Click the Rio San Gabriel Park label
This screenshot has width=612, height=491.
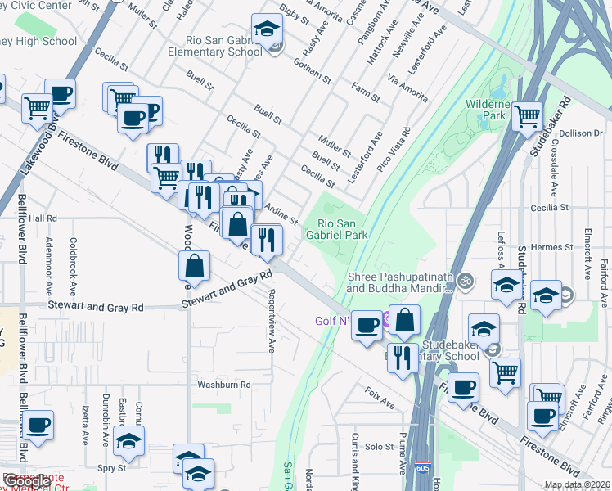342,229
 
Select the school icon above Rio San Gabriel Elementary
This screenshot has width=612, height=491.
266,30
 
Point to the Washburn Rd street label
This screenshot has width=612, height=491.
223,384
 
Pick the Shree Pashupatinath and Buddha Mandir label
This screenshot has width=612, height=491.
399,282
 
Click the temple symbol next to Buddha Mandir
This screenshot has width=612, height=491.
466,281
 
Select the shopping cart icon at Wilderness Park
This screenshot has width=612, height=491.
528,116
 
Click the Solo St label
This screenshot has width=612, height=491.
380,447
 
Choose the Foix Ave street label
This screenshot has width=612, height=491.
380,399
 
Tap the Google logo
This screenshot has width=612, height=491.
28,481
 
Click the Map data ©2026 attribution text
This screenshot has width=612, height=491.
578,484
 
